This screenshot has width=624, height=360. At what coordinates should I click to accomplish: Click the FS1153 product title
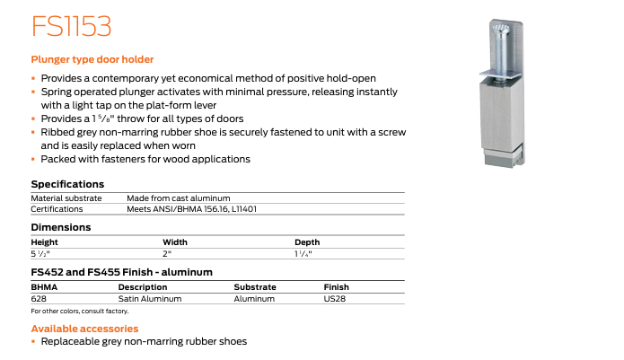click(71, 26)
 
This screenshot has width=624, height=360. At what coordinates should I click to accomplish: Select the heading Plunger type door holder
click(92, 59)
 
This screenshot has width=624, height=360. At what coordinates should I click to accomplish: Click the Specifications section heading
click(67, 184)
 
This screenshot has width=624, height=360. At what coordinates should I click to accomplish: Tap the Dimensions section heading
click(62, 228)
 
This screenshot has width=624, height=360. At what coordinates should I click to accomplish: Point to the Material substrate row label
click(66, 198)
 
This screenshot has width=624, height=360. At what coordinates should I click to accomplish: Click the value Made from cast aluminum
click(179, 198)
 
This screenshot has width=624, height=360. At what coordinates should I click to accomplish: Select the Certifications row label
click(57, 209)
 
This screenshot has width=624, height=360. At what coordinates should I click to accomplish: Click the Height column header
click(44, 241)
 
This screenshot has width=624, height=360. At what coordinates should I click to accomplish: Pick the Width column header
click(175, 241)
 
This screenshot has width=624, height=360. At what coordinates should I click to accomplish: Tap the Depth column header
click(307, 241)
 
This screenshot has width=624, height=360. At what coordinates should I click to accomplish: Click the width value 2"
click(167, 254)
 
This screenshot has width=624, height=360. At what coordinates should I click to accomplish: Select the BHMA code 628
click(39, 298)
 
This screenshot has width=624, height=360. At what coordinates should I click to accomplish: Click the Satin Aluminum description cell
click(150, 298)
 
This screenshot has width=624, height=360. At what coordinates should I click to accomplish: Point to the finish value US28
click(336, 298)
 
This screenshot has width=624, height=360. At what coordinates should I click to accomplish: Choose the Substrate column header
click(255, 286)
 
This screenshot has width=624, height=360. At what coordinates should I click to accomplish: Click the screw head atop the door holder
click(502, 32)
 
